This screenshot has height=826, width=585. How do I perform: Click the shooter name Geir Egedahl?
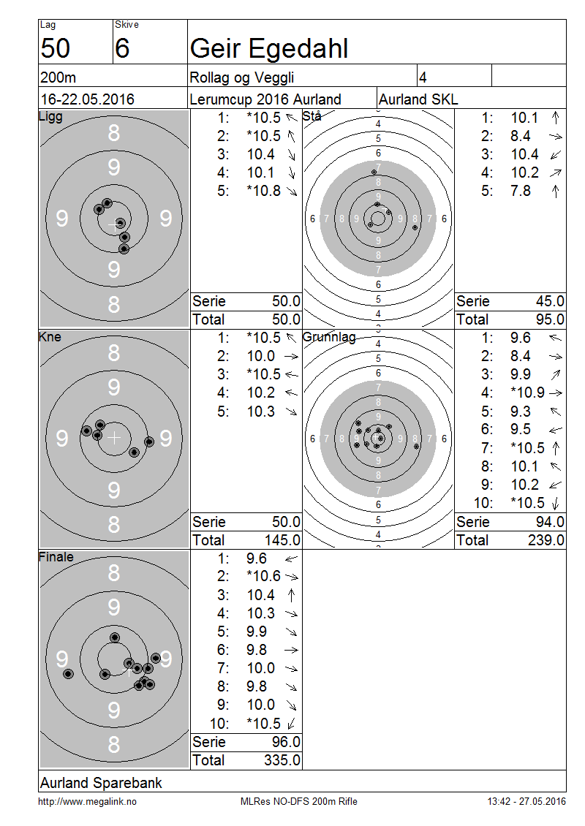click(269, 49)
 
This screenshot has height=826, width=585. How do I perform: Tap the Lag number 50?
click(56, 48)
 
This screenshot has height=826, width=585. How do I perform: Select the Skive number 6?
click(122, 48)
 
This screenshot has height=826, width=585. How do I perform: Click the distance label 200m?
click(58, 77)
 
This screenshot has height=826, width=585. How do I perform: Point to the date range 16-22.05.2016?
click(88, 99)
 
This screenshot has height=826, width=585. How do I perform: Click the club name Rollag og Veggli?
click(241, 78)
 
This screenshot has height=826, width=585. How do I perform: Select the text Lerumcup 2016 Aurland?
click(265, 99)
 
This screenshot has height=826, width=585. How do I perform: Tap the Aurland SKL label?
click(418, 99)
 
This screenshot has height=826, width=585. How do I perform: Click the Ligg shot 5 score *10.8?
click(263, 191)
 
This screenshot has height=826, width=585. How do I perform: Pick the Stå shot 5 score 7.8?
click(520, 191)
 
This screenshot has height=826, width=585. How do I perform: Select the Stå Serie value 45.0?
click(550, 301)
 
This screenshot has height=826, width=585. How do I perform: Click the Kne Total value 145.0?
click(282, 540)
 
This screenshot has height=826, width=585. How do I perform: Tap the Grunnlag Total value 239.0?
click(546, 540)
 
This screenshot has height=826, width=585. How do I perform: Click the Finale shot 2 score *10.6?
click(263, 576)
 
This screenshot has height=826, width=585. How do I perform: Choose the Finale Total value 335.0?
click(282, 760)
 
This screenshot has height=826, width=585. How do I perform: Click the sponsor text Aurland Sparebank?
click(101, 784)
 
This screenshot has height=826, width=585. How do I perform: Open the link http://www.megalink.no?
click(87, 802)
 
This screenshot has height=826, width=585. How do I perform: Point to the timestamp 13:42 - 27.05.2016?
click(526, 801)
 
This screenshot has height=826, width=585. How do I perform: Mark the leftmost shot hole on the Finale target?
click(68, 674)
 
